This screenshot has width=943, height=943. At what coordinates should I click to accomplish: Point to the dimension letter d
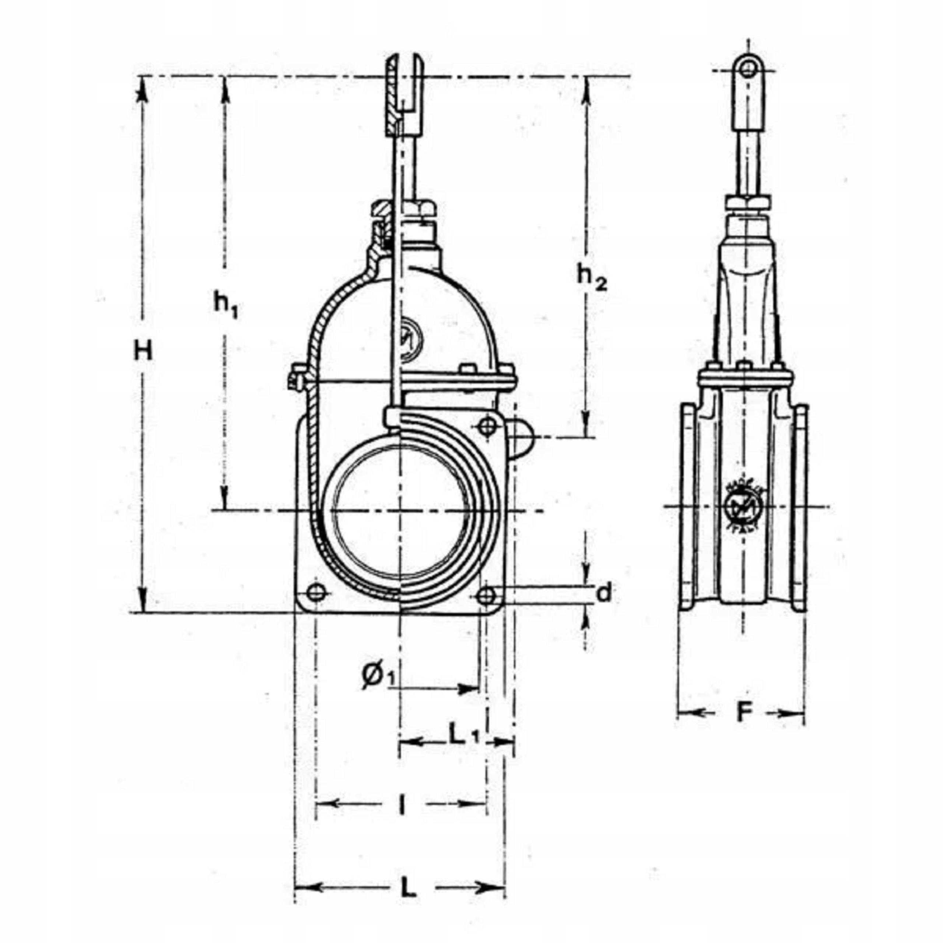[604, 593]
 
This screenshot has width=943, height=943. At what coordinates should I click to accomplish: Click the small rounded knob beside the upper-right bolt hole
[521, 438]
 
